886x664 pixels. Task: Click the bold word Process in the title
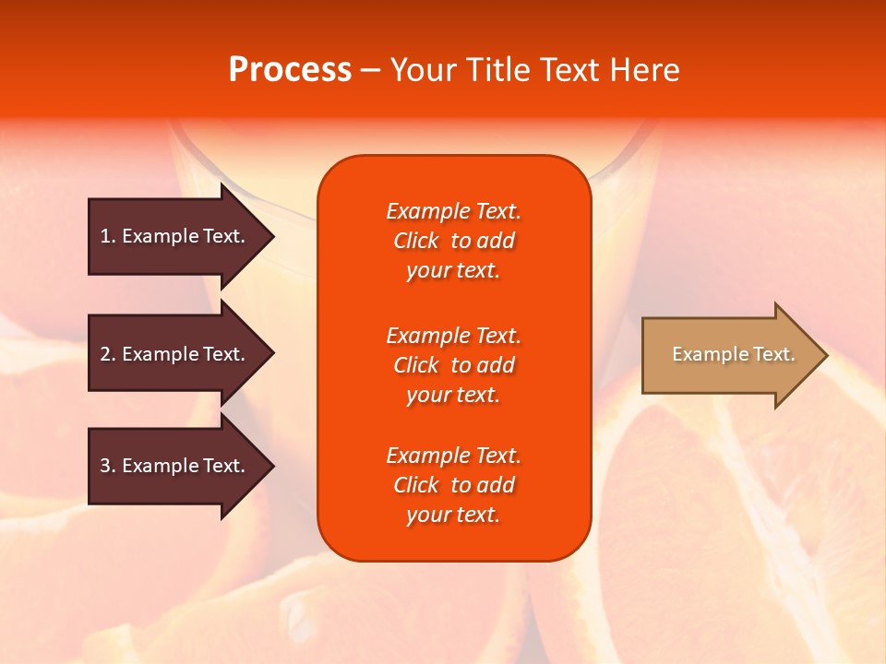290,70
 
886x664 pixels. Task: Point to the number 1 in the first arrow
105,236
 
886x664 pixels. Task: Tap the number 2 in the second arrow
105,354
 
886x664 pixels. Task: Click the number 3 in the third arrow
105,466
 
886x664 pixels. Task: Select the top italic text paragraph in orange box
453,241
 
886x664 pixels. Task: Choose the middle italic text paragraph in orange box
453,365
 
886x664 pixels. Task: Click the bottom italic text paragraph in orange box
453,485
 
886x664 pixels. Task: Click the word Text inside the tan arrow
773,354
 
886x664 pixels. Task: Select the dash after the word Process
371,70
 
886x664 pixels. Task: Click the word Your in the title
424,70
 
